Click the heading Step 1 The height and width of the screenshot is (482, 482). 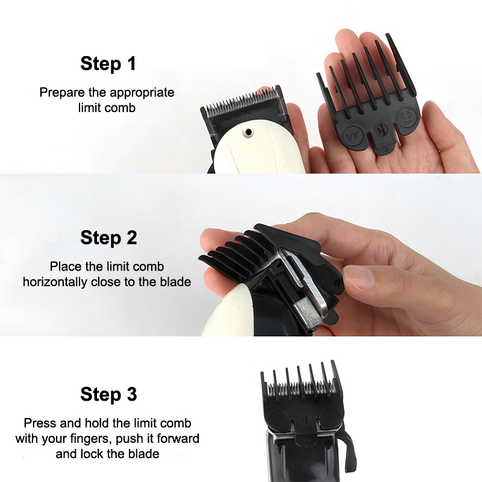(108, 64)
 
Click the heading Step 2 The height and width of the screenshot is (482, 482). (108, 238)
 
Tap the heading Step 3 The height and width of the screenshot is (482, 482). (108, 394)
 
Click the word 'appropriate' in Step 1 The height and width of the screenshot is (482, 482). (142, 93)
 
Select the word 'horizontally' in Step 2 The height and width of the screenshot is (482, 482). (55, 282)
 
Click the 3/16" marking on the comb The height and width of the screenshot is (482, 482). (352, 134)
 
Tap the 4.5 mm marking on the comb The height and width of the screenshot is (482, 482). (407, 117)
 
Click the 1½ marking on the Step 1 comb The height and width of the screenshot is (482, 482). (381, 130)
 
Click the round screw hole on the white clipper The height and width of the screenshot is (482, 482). (248, 133)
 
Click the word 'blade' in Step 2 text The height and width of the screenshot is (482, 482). (175, 282)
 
